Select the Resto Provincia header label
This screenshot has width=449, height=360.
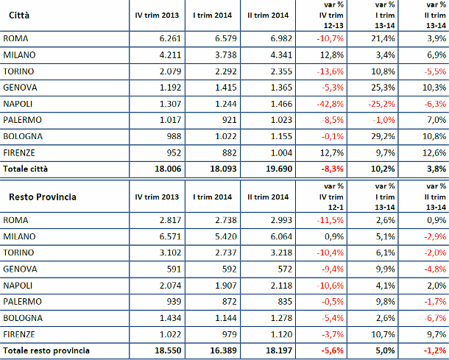[42, 197]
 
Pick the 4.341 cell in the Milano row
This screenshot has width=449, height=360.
[276, 54]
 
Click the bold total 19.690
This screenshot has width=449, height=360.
[275, 169]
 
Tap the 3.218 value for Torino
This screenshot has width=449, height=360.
[276, 253]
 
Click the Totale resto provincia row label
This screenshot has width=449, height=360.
[46, 350]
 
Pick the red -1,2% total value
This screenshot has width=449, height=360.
[434, 350]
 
